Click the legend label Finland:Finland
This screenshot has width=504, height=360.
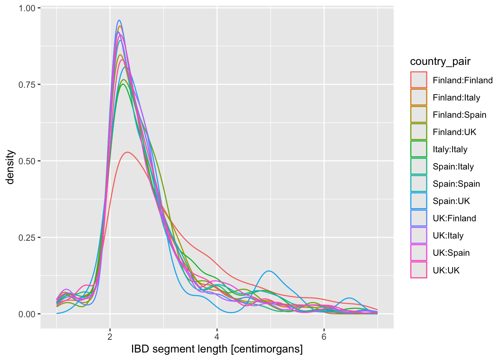462,80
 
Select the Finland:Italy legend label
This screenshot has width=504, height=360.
456,97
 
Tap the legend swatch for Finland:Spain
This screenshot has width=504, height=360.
418,114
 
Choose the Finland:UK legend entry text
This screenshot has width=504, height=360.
454,132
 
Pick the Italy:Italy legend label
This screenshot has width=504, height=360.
450,149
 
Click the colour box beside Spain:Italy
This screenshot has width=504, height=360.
418,166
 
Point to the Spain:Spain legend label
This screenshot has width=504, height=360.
456,184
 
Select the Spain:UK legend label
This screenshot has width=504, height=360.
451,201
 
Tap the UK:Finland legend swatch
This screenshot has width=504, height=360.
418,218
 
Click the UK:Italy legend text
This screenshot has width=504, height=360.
448,235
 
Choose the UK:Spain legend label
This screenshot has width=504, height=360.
451,253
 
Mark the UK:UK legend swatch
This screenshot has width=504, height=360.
418,270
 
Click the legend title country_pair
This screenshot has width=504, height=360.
440,61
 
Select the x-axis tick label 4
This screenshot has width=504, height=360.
217,336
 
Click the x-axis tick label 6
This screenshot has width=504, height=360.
324,336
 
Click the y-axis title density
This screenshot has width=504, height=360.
10,167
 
